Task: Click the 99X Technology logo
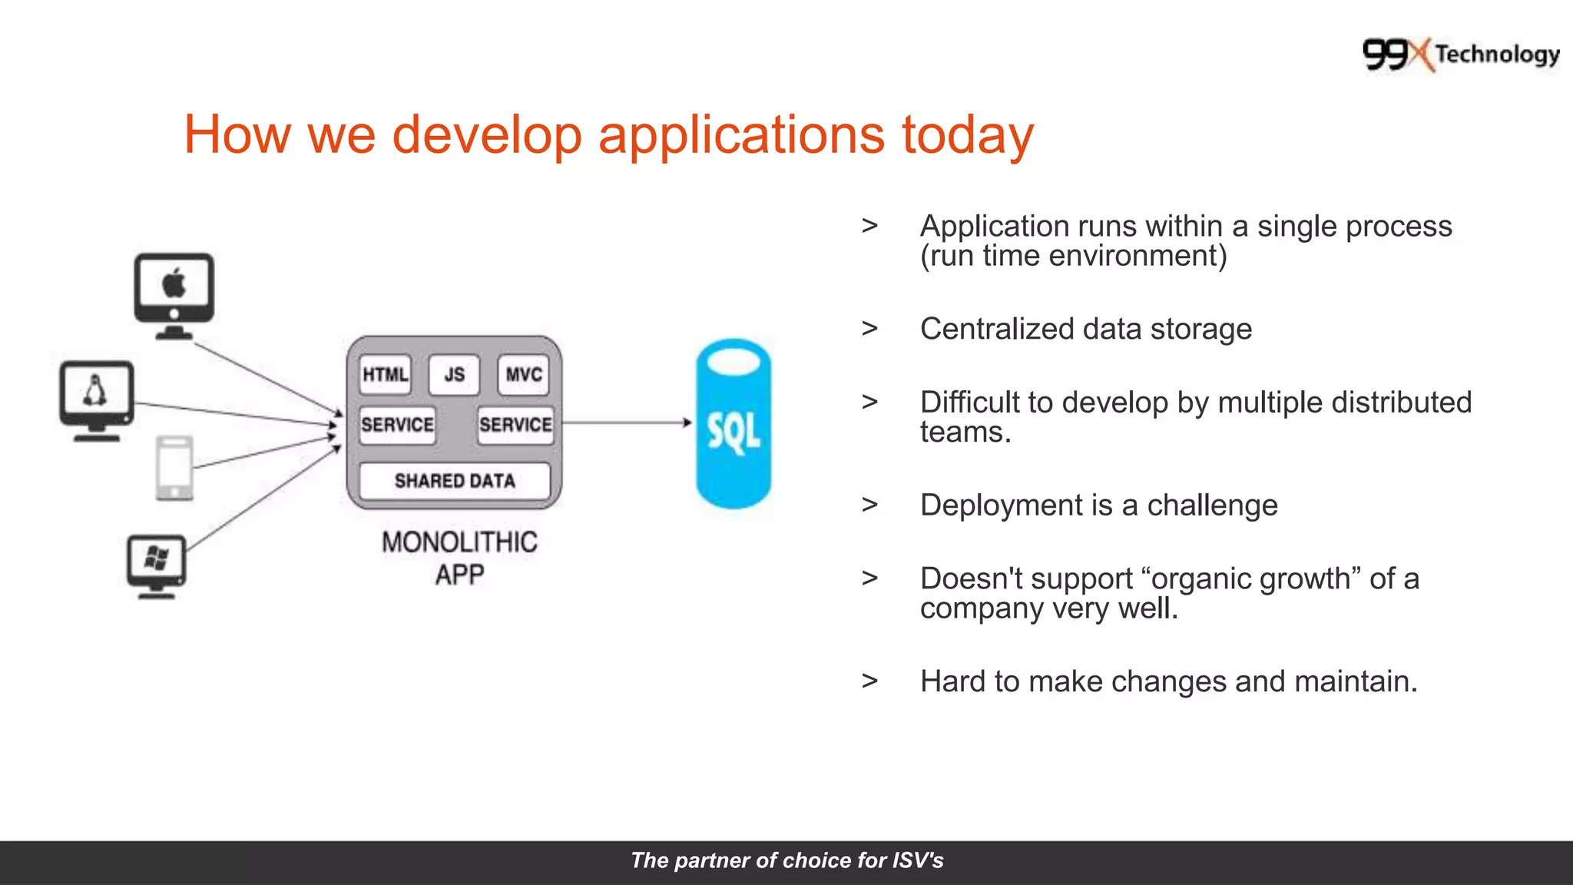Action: pos(1460,55)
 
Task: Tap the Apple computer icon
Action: pos(174,295)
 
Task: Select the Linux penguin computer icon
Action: pos(97,399)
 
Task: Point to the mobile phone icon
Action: pos(174,468)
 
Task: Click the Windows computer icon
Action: pos(157,565)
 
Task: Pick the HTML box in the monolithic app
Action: pos(385,375)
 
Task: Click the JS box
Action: pos(454,375)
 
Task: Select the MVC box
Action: pos(524,375)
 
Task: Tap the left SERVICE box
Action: pos(397,425)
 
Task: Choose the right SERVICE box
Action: pos(515,425)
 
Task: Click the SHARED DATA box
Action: pos(455,481)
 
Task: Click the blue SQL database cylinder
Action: pos(734,424)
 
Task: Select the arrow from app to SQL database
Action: pos(626,422)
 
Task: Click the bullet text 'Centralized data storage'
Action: pos(1086,329)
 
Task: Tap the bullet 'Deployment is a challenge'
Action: pos(1098,505)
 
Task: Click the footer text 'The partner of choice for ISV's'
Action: pos(786,860)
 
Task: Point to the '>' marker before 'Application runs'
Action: pos(869,226)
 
